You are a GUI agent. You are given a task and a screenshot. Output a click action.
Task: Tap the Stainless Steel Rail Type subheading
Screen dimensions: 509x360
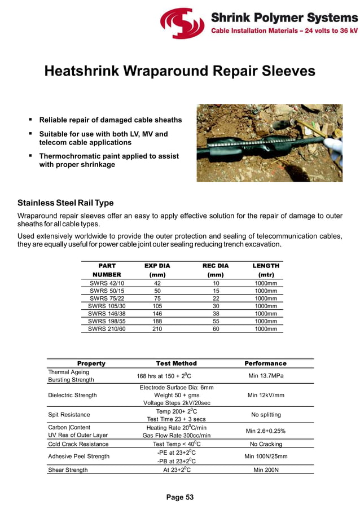pos(65,203)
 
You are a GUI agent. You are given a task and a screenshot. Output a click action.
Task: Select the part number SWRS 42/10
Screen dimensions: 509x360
pos(107,283)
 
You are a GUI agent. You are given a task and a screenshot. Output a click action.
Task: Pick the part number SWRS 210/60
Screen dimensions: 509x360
pos(107,328)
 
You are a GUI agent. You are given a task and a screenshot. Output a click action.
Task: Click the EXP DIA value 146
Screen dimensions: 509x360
pos(157,314)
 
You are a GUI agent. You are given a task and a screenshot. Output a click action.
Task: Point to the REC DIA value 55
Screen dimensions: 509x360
pos(216,321)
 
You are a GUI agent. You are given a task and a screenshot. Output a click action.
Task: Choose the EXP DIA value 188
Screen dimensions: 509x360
pos(157,321)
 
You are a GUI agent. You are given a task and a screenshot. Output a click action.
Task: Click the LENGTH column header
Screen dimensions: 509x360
pos(266,266)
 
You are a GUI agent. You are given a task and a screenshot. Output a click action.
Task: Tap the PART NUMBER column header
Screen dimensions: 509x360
pos(107,270)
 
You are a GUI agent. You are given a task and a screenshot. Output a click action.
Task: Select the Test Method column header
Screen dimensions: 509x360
pos(176,363)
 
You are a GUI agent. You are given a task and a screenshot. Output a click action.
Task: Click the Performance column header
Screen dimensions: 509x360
pos(265,363)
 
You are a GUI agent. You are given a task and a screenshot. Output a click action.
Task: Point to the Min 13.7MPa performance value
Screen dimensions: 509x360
pos(266,376)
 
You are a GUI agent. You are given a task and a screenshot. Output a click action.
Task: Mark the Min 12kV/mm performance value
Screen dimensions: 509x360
pos(266,395)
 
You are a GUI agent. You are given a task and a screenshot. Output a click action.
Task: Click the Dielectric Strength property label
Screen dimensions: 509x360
pos(72,395)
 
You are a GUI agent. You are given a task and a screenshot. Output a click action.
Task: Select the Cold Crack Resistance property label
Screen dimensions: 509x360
pos(78,444)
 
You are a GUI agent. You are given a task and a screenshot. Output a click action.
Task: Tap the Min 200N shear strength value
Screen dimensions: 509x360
pos(266,469)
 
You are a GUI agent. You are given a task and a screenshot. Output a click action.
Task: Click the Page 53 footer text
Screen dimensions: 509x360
pos(179,497)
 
